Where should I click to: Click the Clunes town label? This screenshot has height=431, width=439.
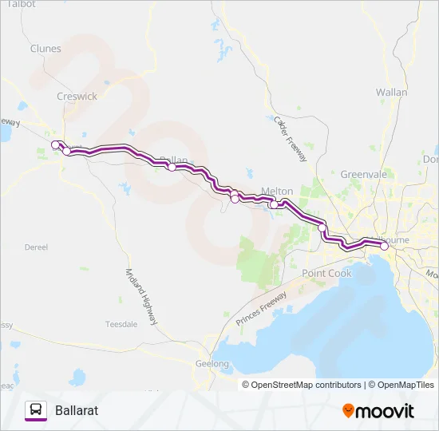45,49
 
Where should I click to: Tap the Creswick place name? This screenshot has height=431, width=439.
77,96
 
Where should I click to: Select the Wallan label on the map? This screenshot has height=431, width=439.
391,93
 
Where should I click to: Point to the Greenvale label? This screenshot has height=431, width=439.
363,174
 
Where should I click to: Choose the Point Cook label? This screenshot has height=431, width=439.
326,274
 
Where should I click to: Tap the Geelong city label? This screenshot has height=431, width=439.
212,364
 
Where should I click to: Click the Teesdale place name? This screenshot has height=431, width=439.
122,324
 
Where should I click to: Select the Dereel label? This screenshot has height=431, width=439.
37,248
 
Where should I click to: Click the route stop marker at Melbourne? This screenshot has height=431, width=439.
384,247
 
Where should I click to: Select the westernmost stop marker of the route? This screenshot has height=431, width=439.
55,144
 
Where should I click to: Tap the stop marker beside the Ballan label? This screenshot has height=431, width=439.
172,167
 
